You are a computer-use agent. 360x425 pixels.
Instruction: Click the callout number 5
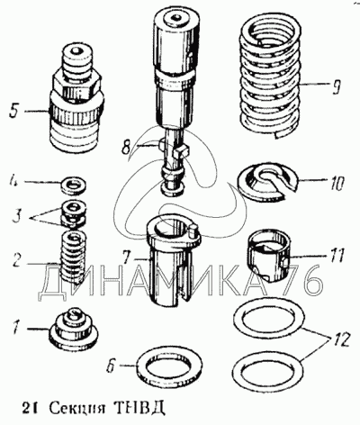[x=13, y=111]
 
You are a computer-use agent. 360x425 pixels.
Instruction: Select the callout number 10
[x=337, y=183]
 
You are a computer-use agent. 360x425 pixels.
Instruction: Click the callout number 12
[x=341, y=339]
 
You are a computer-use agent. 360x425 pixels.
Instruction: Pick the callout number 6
[x=112, y=366]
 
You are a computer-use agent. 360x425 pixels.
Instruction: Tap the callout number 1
[x=17, y=329]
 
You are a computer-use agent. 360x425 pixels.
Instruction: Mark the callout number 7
[x=127, y=258]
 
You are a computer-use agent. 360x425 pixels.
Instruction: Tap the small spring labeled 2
[x=73, y=258]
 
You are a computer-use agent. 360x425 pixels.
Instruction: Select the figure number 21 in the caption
[x=30, y=408]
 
